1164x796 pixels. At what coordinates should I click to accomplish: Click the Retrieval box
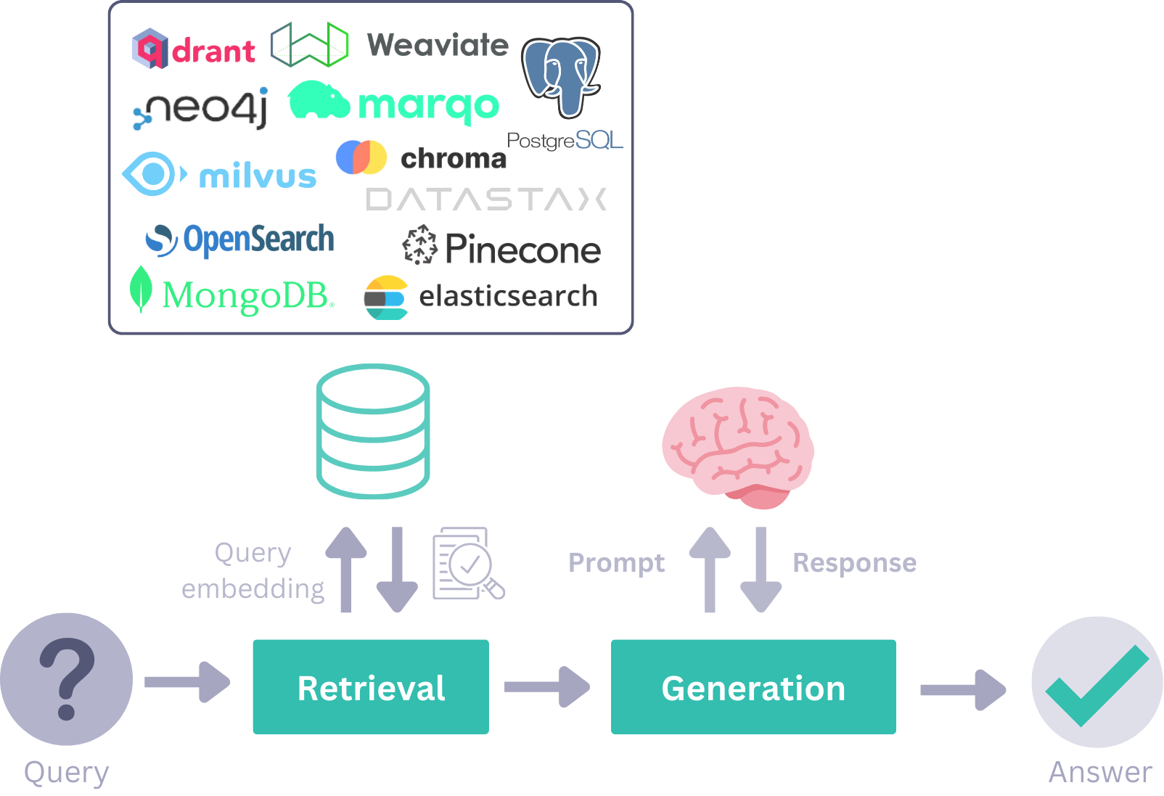point(370,686)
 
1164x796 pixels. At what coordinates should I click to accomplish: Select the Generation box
point(753,686)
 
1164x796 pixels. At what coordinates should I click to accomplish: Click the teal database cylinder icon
point(373,431)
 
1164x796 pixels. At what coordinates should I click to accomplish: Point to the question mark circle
point(66,679)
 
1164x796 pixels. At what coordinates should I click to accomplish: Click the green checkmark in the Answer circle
point(1096,685)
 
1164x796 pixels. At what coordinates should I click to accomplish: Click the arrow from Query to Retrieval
point(187,682)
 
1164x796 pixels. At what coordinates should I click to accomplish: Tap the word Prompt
point(616,563)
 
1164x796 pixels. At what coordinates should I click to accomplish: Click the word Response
point(854,563)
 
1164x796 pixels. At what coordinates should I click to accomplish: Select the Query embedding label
point(253,570)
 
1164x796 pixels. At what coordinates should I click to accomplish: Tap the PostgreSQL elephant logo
point(562,77)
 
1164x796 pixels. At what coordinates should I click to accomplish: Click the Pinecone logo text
point(522,250)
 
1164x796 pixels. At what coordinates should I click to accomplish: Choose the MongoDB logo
point(231,293)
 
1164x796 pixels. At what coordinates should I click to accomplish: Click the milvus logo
point(220,175)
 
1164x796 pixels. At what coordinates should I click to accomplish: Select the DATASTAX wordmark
point(486,200)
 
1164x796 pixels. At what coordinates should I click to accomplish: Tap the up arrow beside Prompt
point(710,570)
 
